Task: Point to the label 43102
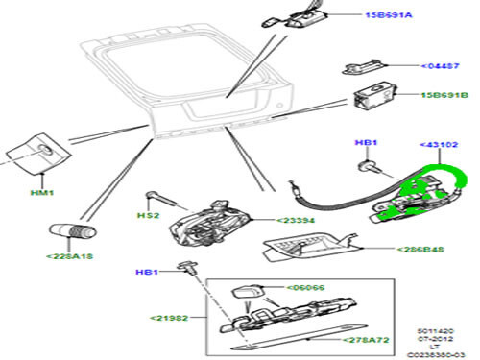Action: (x=440, y=144)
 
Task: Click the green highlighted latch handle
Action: (x=422, y=197)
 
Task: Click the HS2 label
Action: (x=147, y=216)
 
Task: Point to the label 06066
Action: (x=307, y=287)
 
